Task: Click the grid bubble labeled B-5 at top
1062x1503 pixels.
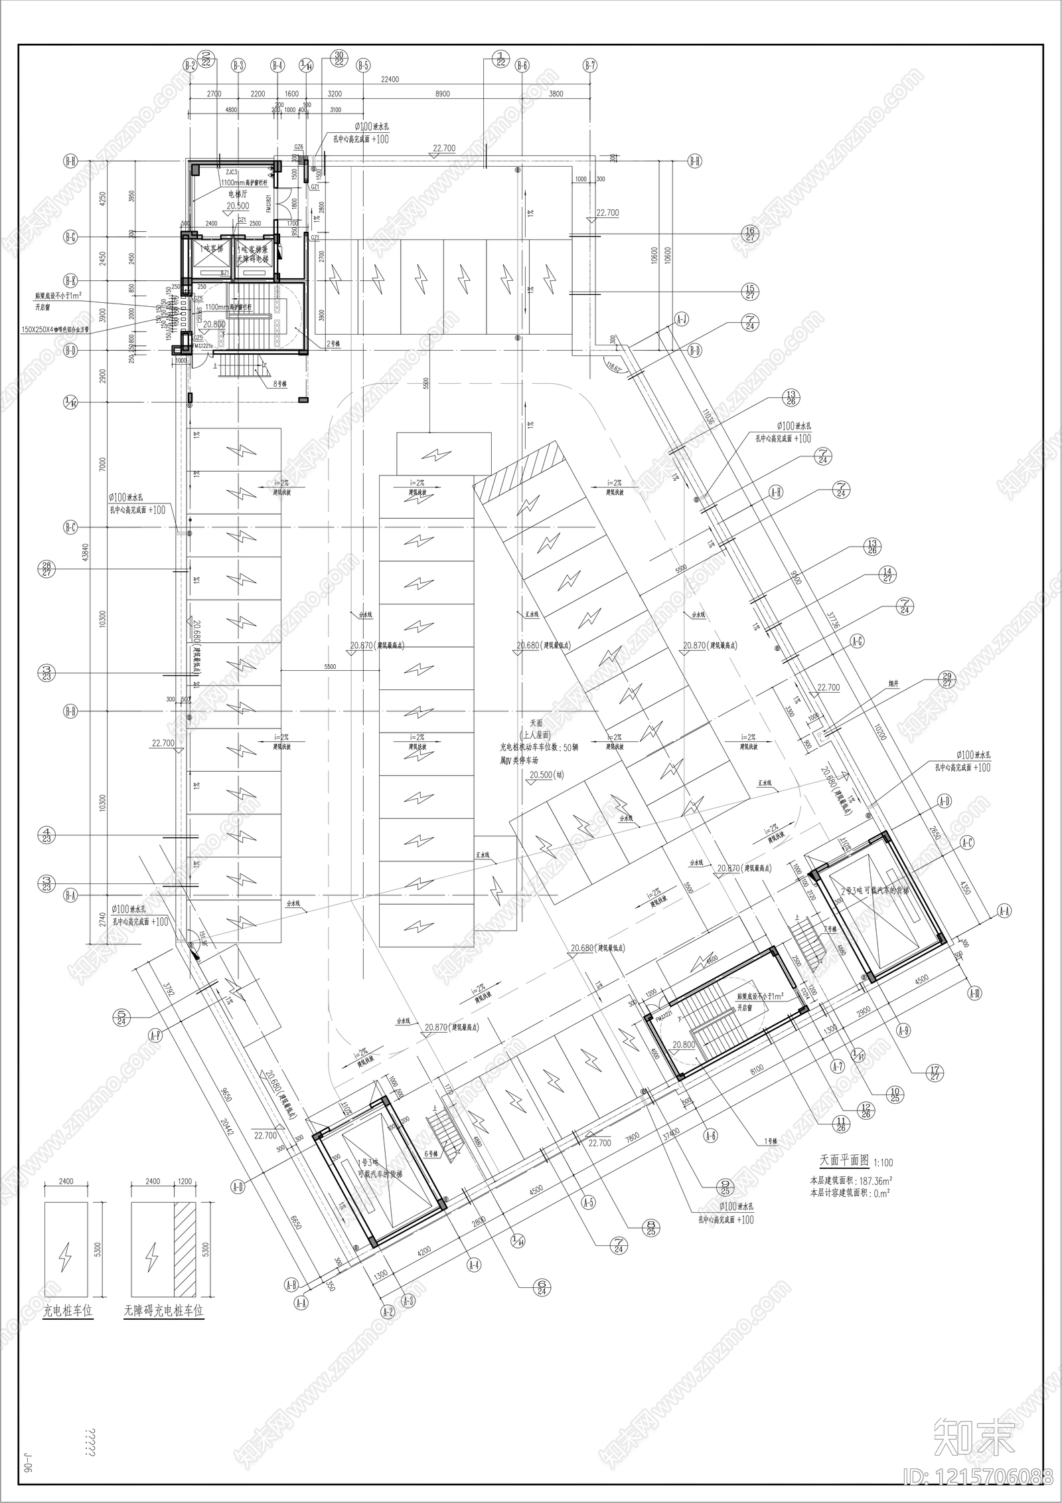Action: coord(363,65)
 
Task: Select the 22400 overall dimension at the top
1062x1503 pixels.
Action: coord(390,80)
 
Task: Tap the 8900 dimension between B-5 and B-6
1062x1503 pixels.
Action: coord(442,94)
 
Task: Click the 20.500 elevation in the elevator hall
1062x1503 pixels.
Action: coord(238,206)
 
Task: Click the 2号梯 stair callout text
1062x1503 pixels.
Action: coord(333,344)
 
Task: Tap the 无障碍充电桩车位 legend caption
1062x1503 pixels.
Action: coord(164,1310)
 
